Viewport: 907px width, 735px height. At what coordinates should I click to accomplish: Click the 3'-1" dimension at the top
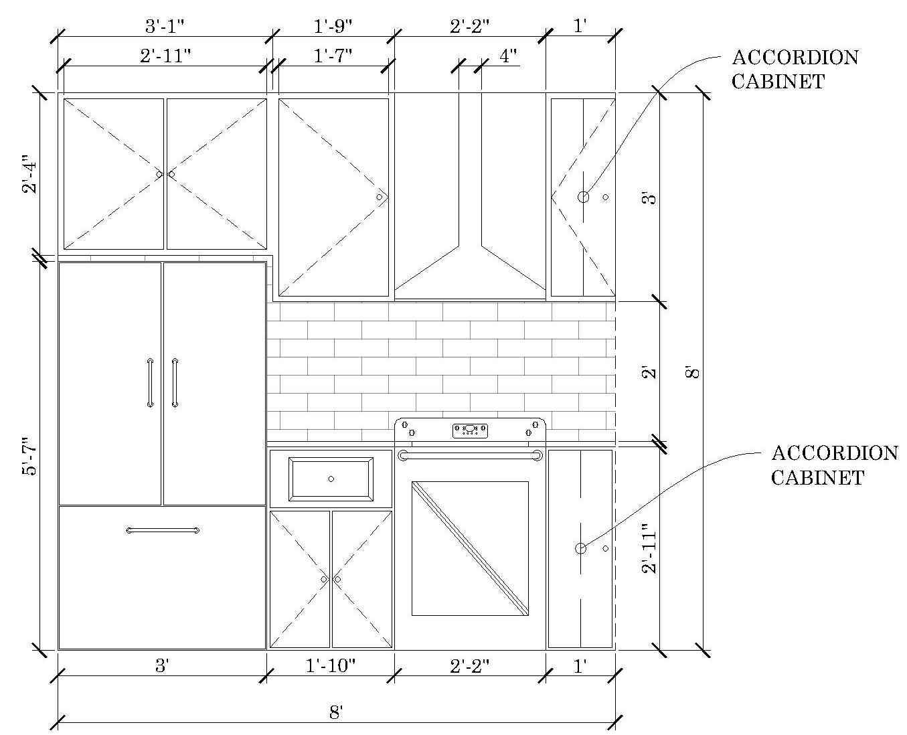(x=165, y=26)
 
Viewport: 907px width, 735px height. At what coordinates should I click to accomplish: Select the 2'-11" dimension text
(x=165, y=56)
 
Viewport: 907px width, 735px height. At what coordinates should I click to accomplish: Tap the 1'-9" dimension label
(x=333, y=26)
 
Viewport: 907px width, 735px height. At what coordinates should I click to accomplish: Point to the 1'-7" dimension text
(x=333, y=56)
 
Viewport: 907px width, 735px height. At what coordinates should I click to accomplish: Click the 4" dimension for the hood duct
(x=508, y=56)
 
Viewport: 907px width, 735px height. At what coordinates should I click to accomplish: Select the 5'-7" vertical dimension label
(x=31, y=456)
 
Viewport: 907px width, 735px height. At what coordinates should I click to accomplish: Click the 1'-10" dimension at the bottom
(x=331, y=665)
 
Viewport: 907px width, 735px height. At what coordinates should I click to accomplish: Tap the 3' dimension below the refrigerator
(x=162, y=665)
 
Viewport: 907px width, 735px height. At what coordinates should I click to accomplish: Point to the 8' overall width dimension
(x=336, y=712)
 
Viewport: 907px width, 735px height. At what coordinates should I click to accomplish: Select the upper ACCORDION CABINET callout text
(x=795, y=70)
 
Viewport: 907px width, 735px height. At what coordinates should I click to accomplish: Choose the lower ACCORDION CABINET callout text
(x=835, y=465)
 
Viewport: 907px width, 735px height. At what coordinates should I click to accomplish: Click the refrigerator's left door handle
(x=150, y=382)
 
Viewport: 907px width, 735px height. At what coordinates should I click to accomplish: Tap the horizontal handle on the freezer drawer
(x=163, y=530)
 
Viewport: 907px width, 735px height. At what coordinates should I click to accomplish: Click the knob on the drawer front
(x=331, y=479)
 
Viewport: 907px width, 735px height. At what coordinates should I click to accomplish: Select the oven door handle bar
(x=470, y=456)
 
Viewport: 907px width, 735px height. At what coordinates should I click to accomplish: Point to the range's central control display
(x=470, y=430)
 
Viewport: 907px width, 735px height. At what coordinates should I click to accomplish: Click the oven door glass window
(x=470, y=548)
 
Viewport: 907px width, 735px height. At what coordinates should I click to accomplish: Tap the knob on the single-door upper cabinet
(x=379, y=197)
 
